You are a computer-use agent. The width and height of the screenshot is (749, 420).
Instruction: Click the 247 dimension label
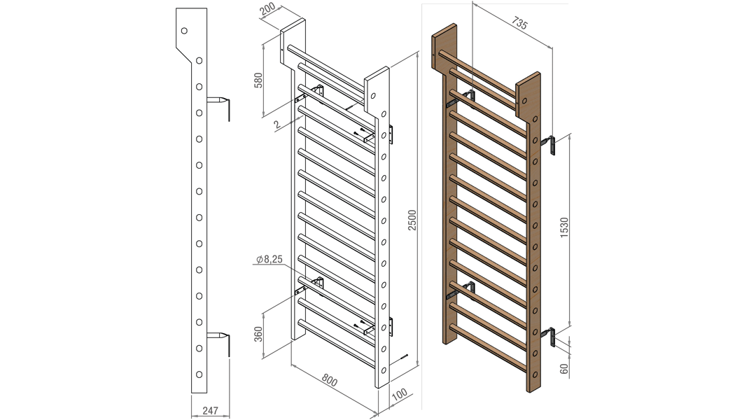(x=210, y=410)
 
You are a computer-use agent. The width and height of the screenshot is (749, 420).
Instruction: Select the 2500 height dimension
(x=412, y=220)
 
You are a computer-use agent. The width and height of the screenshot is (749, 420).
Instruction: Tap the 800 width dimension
(x=329, y=380)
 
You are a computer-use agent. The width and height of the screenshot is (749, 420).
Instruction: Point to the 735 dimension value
(x=519, y=23)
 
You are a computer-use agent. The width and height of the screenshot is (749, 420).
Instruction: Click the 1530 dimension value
(x=564, y=227)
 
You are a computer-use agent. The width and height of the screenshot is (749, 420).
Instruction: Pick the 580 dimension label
(x=258, y=80)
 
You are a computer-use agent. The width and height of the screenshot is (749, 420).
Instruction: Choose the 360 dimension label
(x=258, y=334)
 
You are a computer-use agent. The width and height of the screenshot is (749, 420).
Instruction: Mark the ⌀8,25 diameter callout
(x=269, y=259)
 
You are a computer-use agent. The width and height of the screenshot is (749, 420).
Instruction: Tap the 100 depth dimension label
(x=399, y=394)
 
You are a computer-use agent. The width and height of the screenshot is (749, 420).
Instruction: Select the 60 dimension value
(x=564, y=369)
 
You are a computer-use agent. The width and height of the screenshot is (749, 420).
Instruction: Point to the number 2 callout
(x=276, y=125)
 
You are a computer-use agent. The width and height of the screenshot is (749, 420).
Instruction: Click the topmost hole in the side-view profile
(x=184, y=31)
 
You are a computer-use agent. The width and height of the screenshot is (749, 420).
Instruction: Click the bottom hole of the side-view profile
(x=199, y=374)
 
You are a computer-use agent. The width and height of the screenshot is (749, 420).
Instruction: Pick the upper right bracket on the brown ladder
(x=549, y=145)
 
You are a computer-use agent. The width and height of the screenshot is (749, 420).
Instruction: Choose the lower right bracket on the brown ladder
(x=549, y=335)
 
